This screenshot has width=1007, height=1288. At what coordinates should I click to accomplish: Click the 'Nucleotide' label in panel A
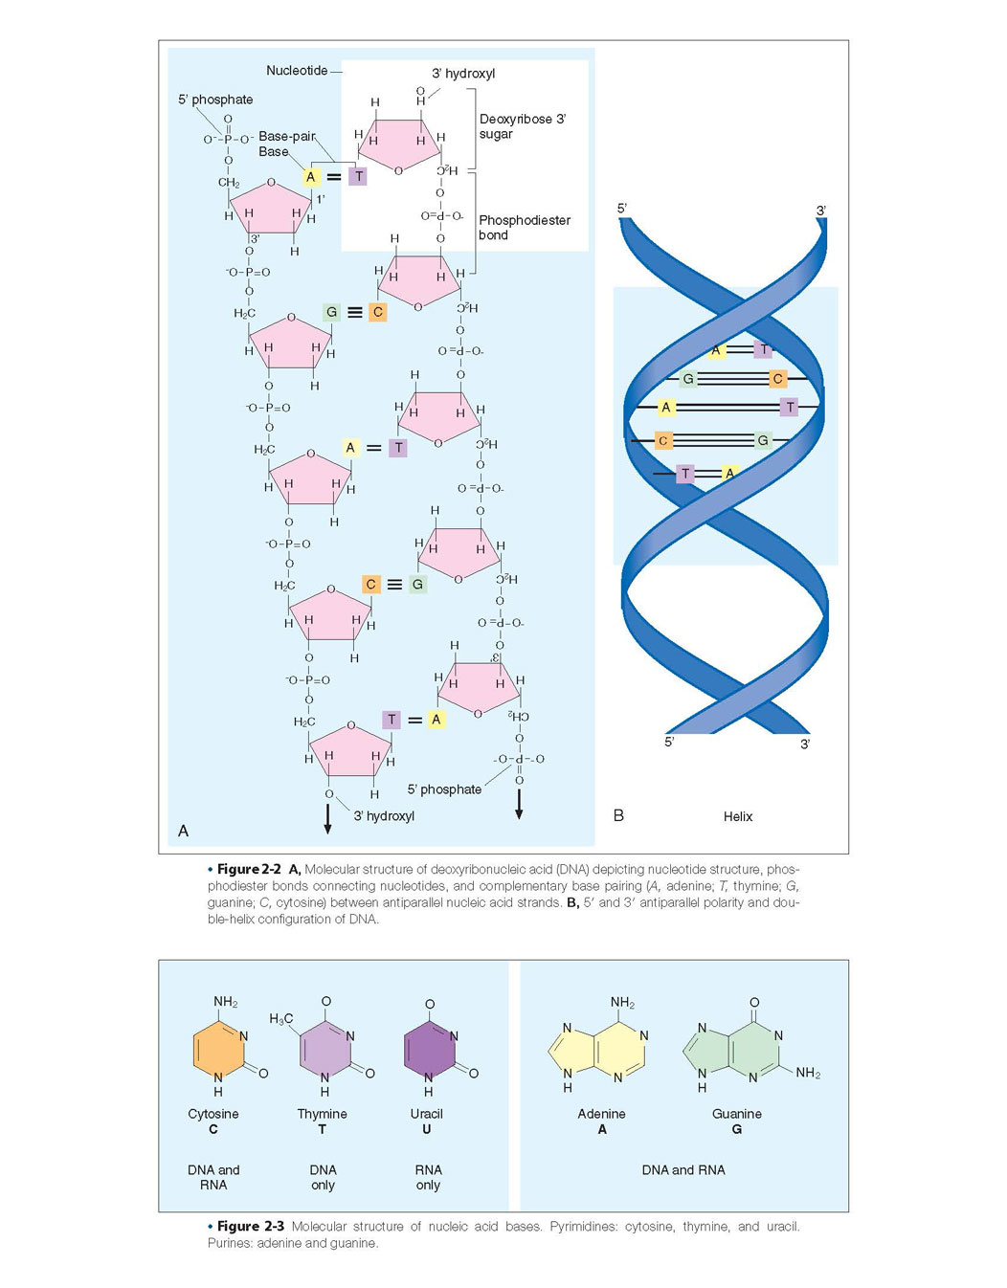pyautogui.click(x=297, y=71)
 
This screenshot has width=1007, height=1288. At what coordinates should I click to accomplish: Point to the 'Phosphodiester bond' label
pyautogui.click(x=524, y=228)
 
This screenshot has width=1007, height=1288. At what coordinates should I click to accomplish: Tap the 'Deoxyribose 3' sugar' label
pyautogui.click(x=523, y=126)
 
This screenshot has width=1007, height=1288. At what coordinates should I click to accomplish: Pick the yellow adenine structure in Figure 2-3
pyautogui.click(x=597, y=1053)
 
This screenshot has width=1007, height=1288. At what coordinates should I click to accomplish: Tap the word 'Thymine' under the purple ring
pyautogui.click(x=322, y=1114)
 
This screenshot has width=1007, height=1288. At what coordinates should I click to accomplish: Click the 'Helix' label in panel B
pyautogui.click(x=737, y=816)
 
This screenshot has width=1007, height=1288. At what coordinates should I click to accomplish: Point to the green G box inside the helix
pyautogui.click(x=687, y=378)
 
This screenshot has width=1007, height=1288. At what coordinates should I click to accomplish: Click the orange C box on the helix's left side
pyautogui.click(x=663, y=440)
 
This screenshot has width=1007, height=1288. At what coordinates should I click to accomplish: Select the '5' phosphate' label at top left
pyautogui.click(x=215, y=100)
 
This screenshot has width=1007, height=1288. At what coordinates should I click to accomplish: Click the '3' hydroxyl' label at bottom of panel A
pyautogui.click(x=384, y=815)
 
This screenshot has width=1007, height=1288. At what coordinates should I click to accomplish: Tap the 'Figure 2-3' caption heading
pyautogui.click(x=251, y=1226)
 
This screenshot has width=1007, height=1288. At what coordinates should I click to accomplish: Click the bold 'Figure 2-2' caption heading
pyautogui.click(x=249, y=869)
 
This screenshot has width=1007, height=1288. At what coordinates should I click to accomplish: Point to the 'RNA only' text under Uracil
pyautogui.click(x=428, y=1177)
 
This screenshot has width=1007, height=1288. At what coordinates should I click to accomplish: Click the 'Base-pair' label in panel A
pyautogui.click(x=286, y=136)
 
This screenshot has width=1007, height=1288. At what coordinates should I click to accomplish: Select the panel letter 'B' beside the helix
pyautogui.click(x=618, y=815)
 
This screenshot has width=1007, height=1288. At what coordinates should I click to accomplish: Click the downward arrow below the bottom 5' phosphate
pyautogui.click(x=519, y=804)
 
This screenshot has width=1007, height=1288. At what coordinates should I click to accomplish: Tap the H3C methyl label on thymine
pyautogui.click(x=280, y=1018)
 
